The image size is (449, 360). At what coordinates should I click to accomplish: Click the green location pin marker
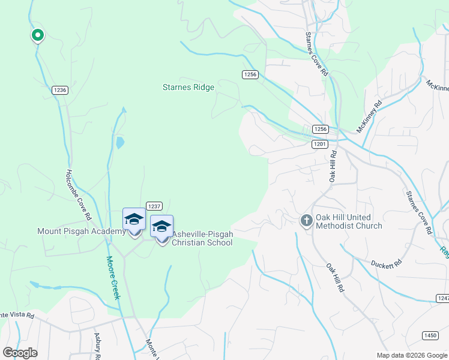click(37, 35)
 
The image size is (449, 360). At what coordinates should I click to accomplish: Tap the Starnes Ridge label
click(188, 87)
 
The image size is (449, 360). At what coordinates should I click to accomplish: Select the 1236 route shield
click(60, 90)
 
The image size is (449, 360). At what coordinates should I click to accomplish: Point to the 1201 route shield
click(320, 144)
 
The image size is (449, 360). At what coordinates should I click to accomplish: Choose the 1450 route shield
click(430, 335)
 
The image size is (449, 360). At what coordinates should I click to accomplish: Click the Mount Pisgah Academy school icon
click(134, 220)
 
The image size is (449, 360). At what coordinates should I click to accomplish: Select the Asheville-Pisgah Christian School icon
click(161, 227)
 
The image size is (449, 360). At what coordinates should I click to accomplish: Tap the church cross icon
click(306, 221)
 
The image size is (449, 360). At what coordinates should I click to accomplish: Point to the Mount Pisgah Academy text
click(82, 231)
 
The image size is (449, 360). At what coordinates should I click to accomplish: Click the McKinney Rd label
click(369, 116)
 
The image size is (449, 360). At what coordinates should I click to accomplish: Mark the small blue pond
click(120, 142)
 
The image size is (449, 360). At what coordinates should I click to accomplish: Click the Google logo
click(20, 353)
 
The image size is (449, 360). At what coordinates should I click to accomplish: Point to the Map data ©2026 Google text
click(412, 355)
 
